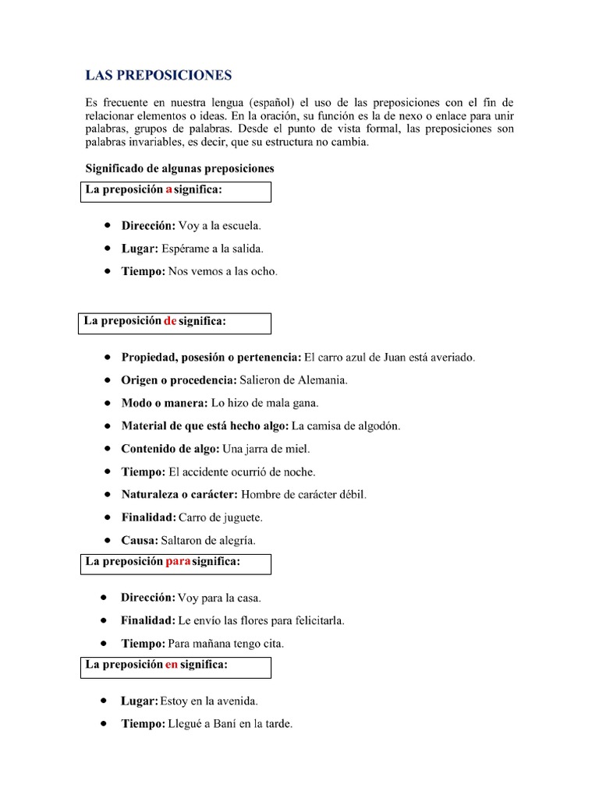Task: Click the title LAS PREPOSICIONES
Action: pos(158,76)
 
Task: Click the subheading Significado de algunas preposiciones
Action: pos(179,168)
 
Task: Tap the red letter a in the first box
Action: pos(168,190)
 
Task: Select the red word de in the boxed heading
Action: pos(170,321)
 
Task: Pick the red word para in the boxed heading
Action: pos(178,561)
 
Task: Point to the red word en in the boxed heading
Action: pos(172,665)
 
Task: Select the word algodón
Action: pos(375,426)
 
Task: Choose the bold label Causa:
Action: pos(140,540)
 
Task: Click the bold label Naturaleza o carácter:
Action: pos(179,495)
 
